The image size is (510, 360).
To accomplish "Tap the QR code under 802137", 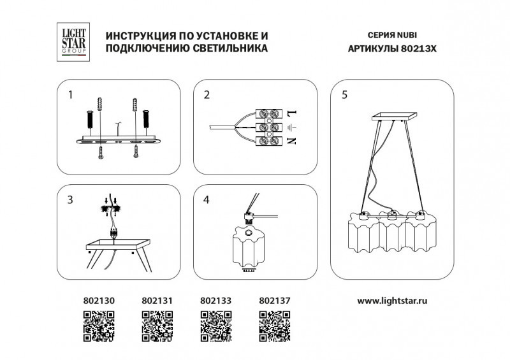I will [x=275, y=326].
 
